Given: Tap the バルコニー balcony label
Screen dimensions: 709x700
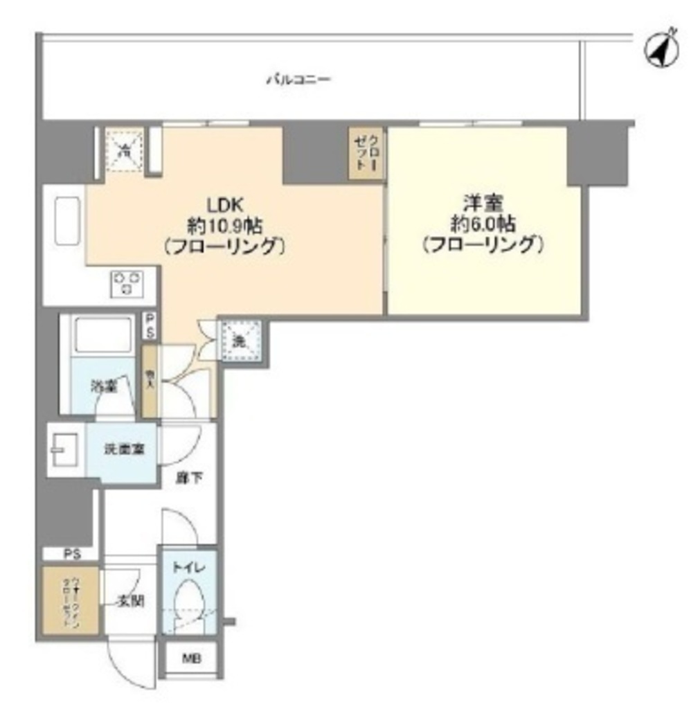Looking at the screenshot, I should [298, 80].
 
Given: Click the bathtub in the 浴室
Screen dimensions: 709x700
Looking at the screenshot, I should [104, 335].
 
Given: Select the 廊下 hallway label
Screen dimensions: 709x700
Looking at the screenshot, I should [186, 478].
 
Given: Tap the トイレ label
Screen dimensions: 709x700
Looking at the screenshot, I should [188, 568].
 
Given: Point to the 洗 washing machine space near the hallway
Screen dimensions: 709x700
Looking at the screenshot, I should [240, 340].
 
